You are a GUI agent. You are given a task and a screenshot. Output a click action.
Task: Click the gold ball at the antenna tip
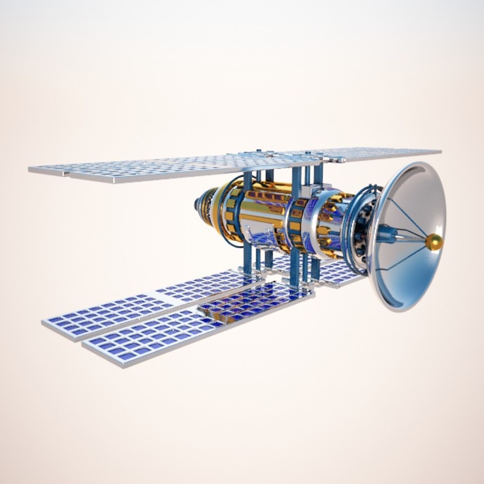(434, 242)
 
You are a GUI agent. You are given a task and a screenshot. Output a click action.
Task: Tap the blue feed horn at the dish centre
(386, 234)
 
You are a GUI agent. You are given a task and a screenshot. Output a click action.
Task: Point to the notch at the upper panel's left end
(65, 173)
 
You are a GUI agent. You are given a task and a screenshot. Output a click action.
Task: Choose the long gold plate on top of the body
(264, 208)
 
